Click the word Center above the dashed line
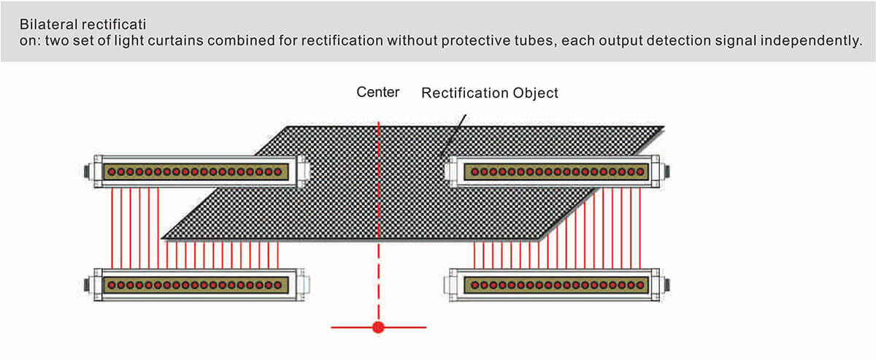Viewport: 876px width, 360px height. tap(377, 92)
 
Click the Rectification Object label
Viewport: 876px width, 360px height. tap(489, 93)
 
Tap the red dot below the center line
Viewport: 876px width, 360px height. tap(378, 326)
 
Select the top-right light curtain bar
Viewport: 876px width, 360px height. tap(556, 171)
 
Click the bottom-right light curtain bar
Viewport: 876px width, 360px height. tap(556, 283)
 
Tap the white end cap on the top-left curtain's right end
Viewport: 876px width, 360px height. tap(301, 171)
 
